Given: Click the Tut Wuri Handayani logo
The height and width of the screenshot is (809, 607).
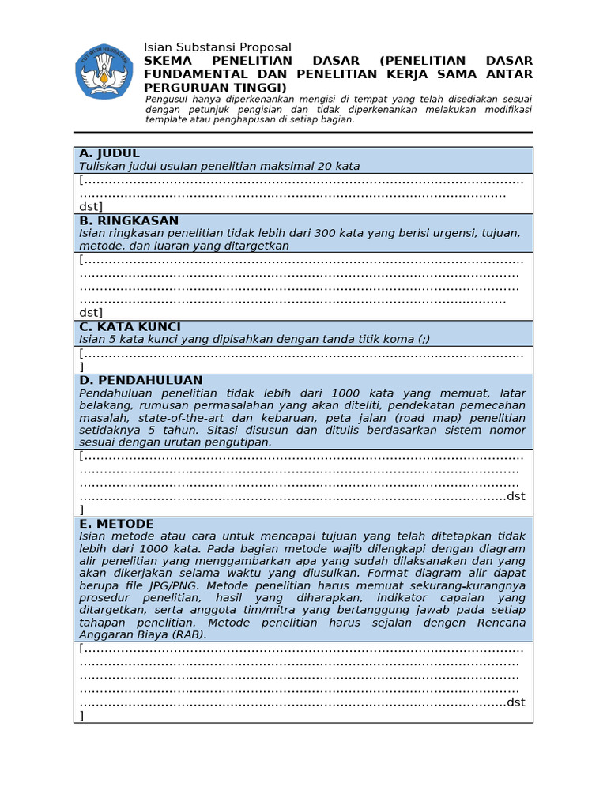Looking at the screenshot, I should [104, 71].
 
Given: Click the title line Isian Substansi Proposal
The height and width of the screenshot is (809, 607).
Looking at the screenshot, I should [217, 47].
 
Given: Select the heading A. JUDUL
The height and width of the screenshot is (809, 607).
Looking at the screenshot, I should [109, 153].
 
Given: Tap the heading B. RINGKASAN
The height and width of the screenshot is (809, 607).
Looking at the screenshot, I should [129, 220].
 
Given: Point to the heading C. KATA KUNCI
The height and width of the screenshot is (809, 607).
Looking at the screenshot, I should [130, 326].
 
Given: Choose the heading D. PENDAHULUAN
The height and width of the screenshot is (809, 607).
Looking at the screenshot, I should [141, 380].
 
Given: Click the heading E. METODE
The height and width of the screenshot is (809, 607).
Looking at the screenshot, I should [116, 524].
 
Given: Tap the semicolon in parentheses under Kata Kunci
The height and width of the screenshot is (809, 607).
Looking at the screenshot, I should [424, 339].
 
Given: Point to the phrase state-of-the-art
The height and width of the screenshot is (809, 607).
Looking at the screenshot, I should [183, 418].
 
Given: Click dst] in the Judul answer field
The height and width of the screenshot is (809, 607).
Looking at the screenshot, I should [91, 206].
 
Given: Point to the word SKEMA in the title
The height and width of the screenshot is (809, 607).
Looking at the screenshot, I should [168, 61].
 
